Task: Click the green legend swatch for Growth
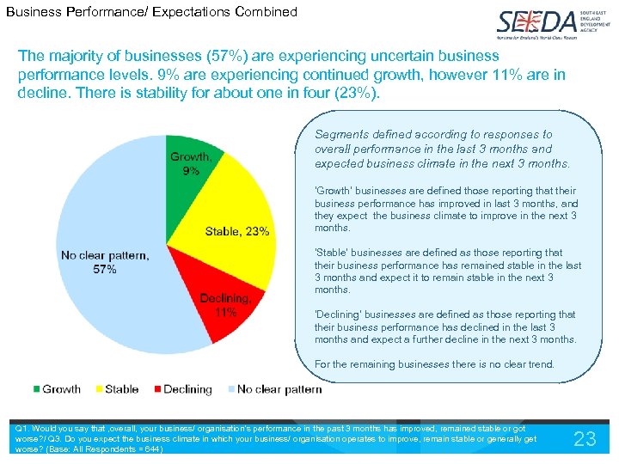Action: click(x=36, y=389)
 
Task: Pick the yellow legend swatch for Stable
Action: click(x=97, y=389)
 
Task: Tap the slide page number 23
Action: click(x=585, y=439)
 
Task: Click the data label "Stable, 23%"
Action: click(x=237, y=230)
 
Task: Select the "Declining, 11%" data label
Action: click(x=225, y=305)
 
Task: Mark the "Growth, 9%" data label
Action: click(x=191, y=163)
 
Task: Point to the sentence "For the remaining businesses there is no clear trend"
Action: click(x=435, y=364)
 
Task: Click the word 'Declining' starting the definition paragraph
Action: click(x=339, y=314)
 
